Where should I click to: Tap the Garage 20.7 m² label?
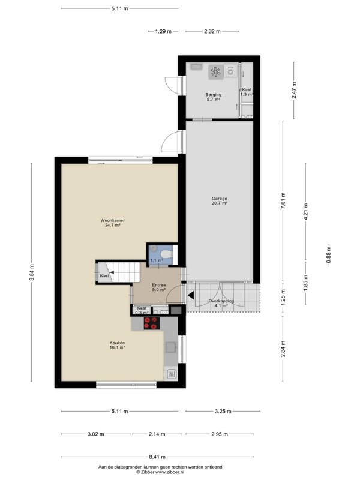coord(220,200)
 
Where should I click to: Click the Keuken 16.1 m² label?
coord(117,345)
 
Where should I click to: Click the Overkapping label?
coord(221,301)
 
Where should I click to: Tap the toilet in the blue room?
coord(167,254)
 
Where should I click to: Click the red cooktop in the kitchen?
coord(152,323)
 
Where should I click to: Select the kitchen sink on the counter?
coord(170,347)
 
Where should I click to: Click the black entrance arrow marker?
coord(191,295)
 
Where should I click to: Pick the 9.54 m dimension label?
coord(32,272)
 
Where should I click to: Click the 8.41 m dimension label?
coord(157,457)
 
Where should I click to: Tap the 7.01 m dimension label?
coord(283,200)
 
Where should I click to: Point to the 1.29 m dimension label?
coord(163,31)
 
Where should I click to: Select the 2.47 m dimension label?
coord(294,90)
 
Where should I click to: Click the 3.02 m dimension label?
coord(96,434)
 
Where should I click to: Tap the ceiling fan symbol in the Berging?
coord(216,72)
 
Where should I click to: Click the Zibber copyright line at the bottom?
coord(160,472)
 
